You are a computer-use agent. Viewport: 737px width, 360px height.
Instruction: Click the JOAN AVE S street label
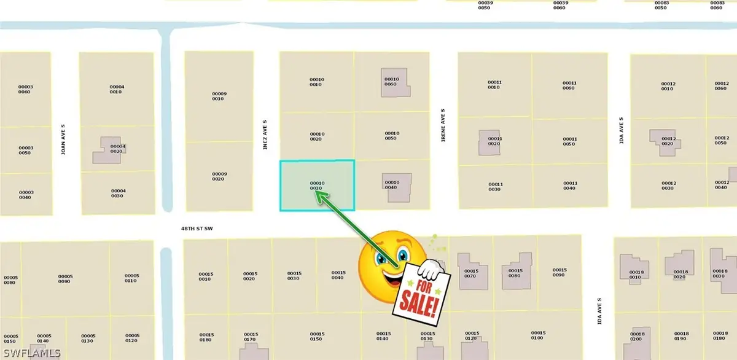(x=63, y=140)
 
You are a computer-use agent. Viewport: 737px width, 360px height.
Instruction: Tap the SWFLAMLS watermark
(x=33, y=353)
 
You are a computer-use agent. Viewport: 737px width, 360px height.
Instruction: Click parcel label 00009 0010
(x=219, y=96)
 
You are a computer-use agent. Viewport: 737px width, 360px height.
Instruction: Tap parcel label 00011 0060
(x=569, y=85)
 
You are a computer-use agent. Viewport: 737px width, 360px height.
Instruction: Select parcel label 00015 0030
(x=294, y=276)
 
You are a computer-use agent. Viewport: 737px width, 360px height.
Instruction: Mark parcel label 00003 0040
(x=25, y=195)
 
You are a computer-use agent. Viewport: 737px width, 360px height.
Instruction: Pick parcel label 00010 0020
(x=316, y=136)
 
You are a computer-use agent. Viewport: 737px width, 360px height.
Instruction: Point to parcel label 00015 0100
(x=537, y=335)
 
